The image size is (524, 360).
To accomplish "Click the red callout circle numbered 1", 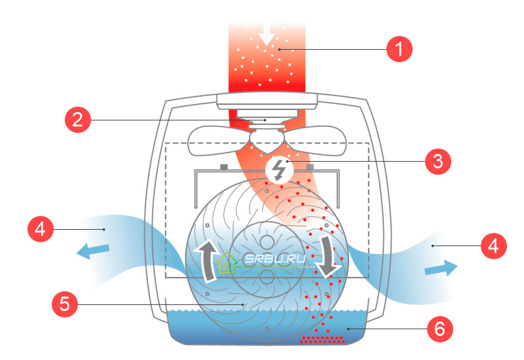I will tap(400, 49).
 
